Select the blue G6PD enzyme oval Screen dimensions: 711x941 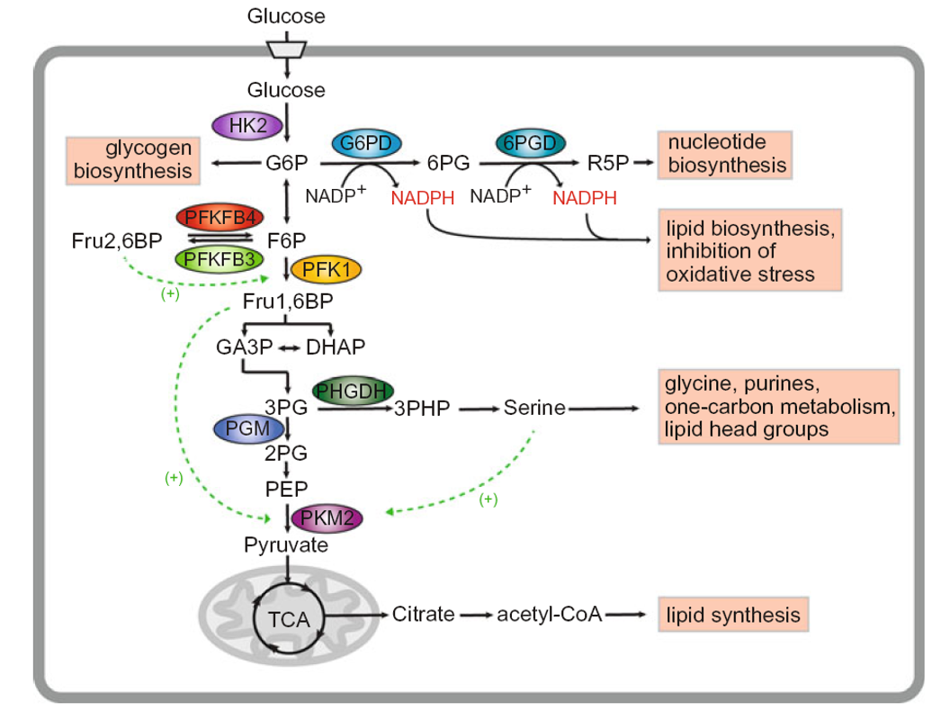[366, 142]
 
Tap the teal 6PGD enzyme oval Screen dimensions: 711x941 [531, 142]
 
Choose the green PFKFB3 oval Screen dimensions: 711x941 [220, 259]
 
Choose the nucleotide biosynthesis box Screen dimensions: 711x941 [726, 154]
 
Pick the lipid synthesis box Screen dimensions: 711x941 [732, 616]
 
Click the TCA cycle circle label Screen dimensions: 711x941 [289, 618]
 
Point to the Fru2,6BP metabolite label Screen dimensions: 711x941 [117, 240]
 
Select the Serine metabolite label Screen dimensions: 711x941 [534, 408]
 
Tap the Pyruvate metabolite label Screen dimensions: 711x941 [286, 544]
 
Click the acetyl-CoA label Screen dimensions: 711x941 [549, 616]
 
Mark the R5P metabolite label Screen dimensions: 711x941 [608, 164]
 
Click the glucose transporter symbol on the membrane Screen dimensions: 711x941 [287, 48]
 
